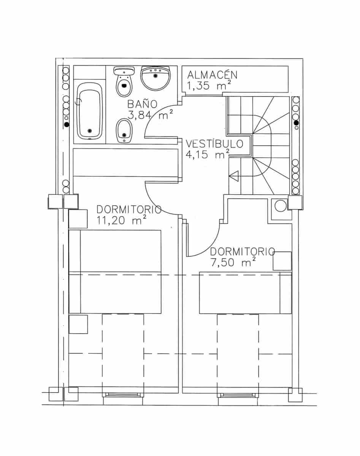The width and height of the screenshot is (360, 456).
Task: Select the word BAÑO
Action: point(142,103)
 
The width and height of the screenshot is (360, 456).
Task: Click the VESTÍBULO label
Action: point(214,144)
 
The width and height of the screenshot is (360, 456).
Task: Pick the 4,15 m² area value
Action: point(208,154)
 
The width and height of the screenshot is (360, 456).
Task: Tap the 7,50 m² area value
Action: point(233,262)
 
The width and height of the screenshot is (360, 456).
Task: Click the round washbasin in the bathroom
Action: point(155,77)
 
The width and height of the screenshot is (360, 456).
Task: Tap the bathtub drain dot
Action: point(90,131)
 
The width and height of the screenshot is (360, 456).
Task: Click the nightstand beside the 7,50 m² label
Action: point(282,261)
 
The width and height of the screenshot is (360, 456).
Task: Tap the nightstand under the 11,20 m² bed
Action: point(78,324)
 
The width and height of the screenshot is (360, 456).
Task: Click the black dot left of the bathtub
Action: point(67,124)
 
